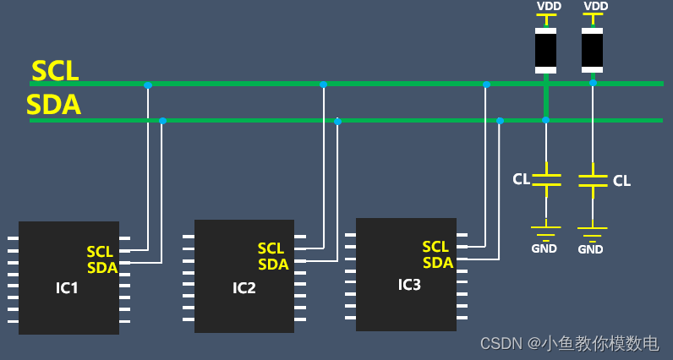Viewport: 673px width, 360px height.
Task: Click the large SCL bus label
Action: coord(55,70)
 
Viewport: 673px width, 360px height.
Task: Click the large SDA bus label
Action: coord(53,106)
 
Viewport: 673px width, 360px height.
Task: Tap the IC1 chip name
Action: coord(67,288)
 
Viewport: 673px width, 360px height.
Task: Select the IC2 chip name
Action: coord(244,288)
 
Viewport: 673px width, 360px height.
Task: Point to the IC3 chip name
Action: coord(409,285)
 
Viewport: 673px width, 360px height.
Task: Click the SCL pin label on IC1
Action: coord(100,252)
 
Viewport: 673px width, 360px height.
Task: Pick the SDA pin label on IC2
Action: coord(273,265)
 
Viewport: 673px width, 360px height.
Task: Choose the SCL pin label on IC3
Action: coord(435,247)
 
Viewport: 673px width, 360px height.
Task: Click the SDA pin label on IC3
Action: coord(438,263)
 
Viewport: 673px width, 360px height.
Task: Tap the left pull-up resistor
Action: coord(546,51)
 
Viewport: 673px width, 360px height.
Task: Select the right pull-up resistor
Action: coord(593,50)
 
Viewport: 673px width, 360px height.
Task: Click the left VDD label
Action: coord(549,6)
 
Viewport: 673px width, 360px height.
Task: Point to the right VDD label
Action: coord(596,6)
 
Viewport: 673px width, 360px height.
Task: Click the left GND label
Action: coord(544,248)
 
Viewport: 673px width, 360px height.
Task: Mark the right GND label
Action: coord(590,249)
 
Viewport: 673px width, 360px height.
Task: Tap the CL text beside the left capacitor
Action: coord(522,178)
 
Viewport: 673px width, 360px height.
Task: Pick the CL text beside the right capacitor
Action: coord(621,180)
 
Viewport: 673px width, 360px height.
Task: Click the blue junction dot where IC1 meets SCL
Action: coord(148,85)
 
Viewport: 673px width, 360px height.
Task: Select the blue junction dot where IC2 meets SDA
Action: coord(337,121)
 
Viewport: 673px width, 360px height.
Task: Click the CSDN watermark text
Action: coord(569,343)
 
